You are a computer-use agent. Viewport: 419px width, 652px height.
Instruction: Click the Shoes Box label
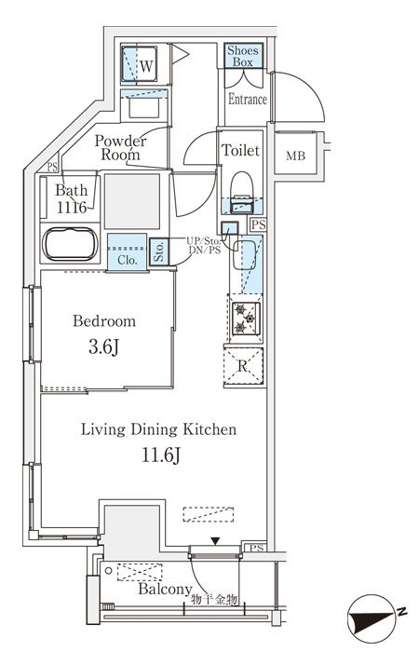pos(243,56)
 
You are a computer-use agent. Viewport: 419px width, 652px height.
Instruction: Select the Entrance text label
pos(248,100)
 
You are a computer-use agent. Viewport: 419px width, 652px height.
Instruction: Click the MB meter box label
pos(295,156)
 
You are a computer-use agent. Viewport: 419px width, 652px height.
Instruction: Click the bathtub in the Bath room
pos(71,244)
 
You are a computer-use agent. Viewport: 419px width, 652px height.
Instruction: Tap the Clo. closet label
pos(128,260)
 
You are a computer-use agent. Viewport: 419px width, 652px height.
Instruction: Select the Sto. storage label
pos(159,251)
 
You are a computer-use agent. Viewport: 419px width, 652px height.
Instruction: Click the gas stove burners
pos(246,319)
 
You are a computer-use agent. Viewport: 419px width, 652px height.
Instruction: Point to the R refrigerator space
pos(243,366)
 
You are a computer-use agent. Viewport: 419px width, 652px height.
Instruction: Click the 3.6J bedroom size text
pos(104,347)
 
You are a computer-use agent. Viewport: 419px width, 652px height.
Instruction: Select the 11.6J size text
pos(161,455)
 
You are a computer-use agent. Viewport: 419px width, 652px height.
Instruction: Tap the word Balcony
pos(165,589)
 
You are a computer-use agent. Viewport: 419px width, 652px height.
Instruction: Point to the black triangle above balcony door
pos(215,541)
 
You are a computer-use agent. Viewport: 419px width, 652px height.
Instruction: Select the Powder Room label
pos(120,147)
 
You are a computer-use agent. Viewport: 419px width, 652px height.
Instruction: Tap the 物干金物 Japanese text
pos(214,599)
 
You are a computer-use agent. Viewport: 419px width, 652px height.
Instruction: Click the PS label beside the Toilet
pos(258,225)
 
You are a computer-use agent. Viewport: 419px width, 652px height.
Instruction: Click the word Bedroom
pos(104,321)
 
